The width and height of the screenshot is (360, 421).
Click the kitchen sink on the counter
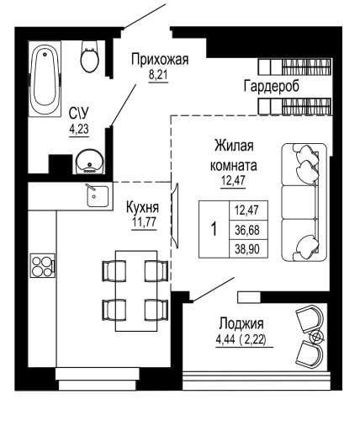[97, 196]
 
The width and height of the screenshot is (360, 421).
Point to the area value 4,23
[81, 129]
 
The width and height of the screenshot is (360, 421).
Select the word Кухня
[145, 206]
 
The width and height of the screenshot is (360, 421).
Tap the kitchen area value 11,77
[145, 222]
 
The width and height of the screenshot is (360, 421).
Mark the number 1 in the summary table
[214, 229]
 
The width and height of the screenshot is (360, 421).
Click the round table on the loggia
[316, 338]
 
